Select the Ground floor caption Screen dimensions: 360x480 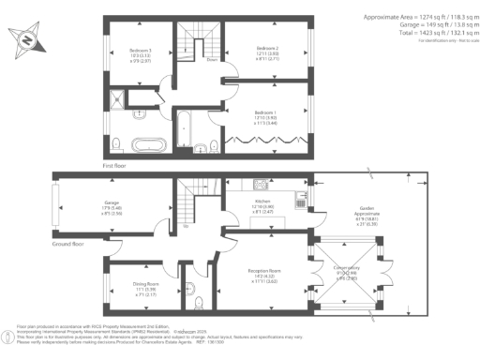coord(68,242)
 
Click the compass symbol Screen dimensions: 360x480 coord(29,41)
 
